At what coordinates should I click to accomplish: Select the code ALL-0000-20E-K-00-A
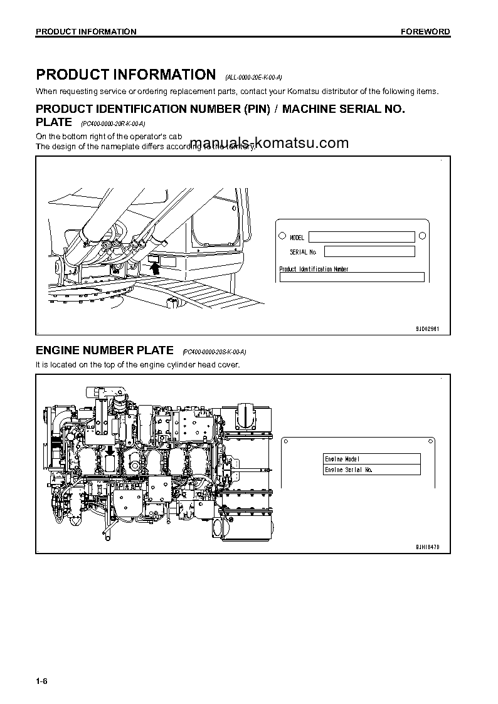tap(253, 78)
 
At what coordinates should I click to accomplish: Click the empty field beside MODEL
tap(361, 237)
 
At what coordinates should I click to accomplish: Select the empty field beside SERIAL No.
tap(369, 251)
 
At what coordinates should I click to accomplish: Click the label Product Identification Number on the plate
tap(314, 269)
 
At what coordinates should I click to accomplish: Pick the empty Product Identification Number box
tap(352, 277)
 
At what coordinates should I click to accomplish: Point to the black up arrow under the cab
tap(156, 268)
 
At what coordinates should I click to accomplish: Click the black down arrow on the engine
tap(110, 450)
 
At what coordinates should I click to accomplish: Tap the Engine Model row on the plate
tap(372, 459)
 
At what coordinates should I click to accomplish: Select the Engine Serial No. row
tap(372, 470)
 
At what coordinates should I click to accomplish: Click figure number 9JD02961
tap(427, 328)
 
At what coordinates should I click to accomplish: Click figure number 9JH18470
tap(427, 547)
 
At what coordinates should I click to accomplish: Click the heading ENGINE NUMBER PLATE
tap(105, 350)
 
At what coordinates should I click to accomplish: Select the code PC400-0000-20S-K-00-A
tap(214, 352)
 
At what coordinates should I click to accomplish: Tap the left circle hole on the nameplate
tap(281, 236)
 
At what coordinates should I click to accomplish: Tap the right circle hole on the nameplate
tap(422, 236)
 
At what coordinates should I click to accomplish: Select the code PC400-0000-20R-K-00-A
tap(113, 123)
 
